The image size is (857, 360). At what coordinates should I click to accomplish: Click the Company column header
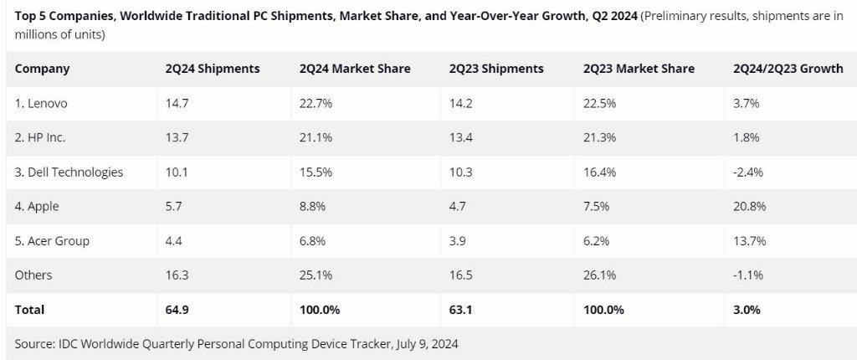tap(42, 69)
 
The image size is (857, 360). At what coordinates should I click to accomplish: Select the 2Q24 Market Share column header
tap(354, 69)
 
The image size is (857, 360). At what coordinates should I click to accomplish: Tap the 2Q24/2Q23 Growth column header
tap(787, 69)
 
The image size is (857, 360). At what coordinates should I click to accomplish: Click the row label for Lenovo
tap(41, 104)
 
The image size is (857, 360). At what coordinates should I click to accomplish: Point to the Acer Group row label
tap(52, 241)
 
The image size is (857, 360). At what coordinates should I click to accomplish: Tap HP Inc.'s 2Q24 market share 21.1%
tap(314, 138)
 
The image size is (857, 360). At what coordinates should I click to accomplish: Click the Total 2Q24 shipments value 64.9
tap(177, 310)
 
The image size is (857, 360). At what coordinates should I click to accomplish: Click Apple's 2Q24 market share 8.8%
tap(312, 207)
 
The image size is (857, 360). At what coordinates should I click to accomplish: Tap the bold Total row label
tap(30, 310)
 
